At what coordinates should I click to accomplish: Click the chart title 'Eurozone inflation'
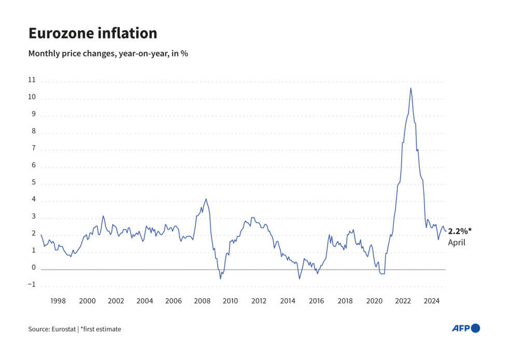tap(92, 33)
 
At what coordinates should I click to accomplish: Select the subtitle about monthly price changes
tap(108, 53)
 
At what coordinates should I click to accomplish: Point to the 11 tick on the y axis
tap(32, 80)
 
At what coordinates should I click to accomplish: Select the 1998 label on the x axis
tap(58, 300)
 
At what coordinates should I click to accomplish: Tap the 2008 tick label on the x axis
tap(202, 300)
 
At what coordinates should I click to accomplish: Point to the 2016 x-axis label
tap(316, 300)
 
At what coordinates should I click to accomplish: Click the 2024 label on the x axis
tap(431, 300)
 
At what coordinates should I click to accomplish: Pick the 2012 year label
tap(259, 300)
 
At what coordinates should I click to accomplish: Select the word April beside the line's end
tap(457, 242)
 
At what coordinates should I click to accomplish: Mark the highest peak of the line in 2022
tap(411, 88)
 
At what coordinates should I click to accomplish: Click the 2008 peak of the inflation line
tap(206, 199)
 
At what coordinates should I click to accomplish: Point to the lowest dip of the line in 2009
tap(220, 279)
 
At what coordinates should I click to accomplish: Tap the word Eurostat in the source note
tap(65, 329)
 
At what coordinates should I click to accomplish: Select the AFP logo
tap(465, 328)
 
